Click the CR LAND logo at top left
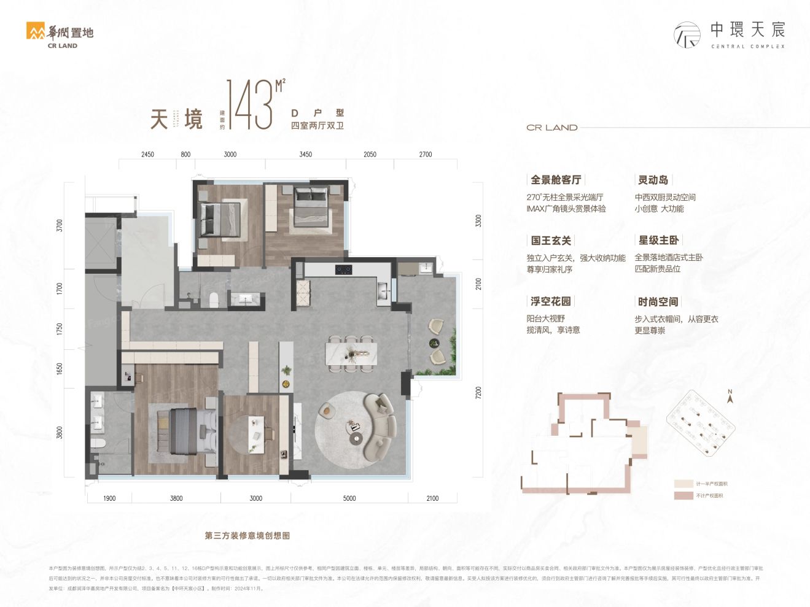[x=60, y=35]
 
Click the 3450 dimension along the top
[x=305, y=155]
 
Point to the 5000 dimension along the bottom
[x=349, y=498]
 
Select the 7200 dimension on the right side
[x=478, y=393]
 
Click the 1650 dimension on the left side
[x=60, y=369]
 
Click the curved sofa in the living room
[x=381, y=427]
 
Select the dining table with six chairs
[x=351, y=354]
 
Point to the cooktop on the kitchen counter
[x=343, y=269]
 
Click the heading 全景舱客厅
[x=555, y=180]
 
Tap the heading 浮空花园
[x=550, y=301]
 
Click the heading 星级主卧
[x=658, y=241]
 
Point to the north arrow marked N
[x=730, y=396]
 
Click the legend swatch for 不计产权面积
[x=683, y=495]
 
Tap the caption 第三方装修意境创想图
[x=247, y=536]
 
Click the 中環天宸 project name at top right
[x=747, y=29]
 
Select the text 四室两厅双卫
[x=317, y=126]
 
